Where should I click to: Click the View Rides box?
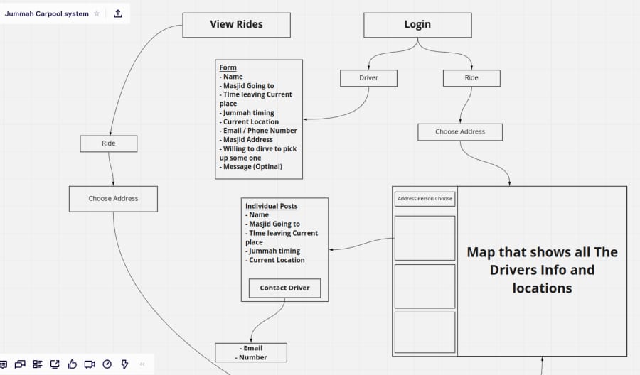click(x=236, y=25)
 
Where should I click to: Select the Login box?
click(x=417, y=25)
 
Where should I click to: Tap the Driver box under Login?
click(x=368, y=78)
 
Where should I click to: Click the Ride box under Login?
click(x=471, y=78)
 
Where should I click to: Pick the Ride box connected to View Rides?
click(x=109, y=143)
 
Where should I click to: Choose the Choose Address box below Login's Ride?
click(x=460, y=132)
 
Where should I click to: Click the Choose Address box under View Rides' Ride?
click(x=113, y=199)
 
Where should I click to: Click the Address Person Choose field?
click(x=425, y=199)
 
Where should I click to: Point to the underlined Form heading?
click(x=228, y=67)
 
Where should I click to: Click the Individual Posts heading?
click(x=271, y=206)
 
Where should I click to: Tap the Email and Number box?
click(x=251, y=352)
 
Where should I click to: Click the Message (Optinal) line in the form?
click(x=250, y=167)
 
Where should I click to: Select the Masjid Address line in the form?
click(x=246, y=139)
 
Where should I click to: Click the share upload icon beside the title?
click(x=118, y=13)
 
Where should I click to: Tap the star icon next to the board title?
click(x=97, y=13)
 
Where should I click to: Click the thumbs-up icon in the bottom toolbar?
click(x=73, y=364)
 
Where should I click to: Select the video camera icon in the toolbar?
click(x=90, y=364)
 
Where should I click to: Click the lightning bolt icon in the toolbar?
click(x=124, y=364)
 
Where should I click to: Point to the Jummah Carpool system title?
click(x=46, y=13)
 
